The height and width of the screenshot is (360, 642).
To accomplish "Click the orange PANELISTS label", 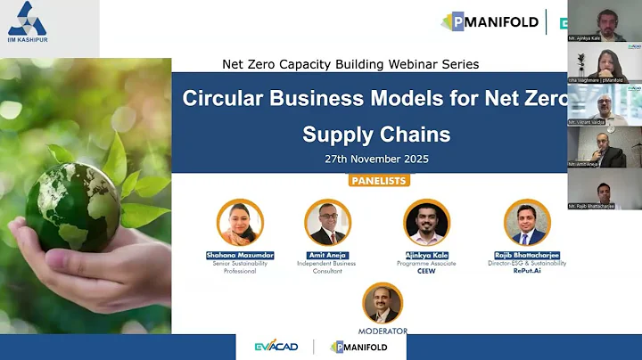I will pos(379,181).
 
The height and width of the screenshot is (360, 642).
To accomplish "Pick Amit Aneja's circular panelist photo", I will pos(328,223).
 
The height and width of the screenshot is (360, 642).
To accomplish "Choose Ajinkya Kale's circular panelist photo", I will pos(426,223).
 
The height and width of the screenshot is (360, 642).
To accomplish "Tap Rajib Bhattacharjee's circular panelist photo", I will pos(527,223).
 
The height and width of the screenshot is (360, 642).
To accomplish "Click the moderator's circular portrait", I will pos(383,304).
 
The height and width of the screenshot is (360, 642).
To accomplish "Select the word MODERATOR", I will pos(383,331).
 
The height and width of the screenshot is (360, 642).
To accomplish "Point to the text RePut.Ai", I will pos(527,271).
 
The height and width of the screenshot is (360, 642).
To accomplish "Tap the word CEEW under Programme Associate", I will pos(426,271).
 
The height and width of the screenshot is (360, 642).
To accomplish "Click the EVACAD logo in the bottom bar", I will pos(276,347).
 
